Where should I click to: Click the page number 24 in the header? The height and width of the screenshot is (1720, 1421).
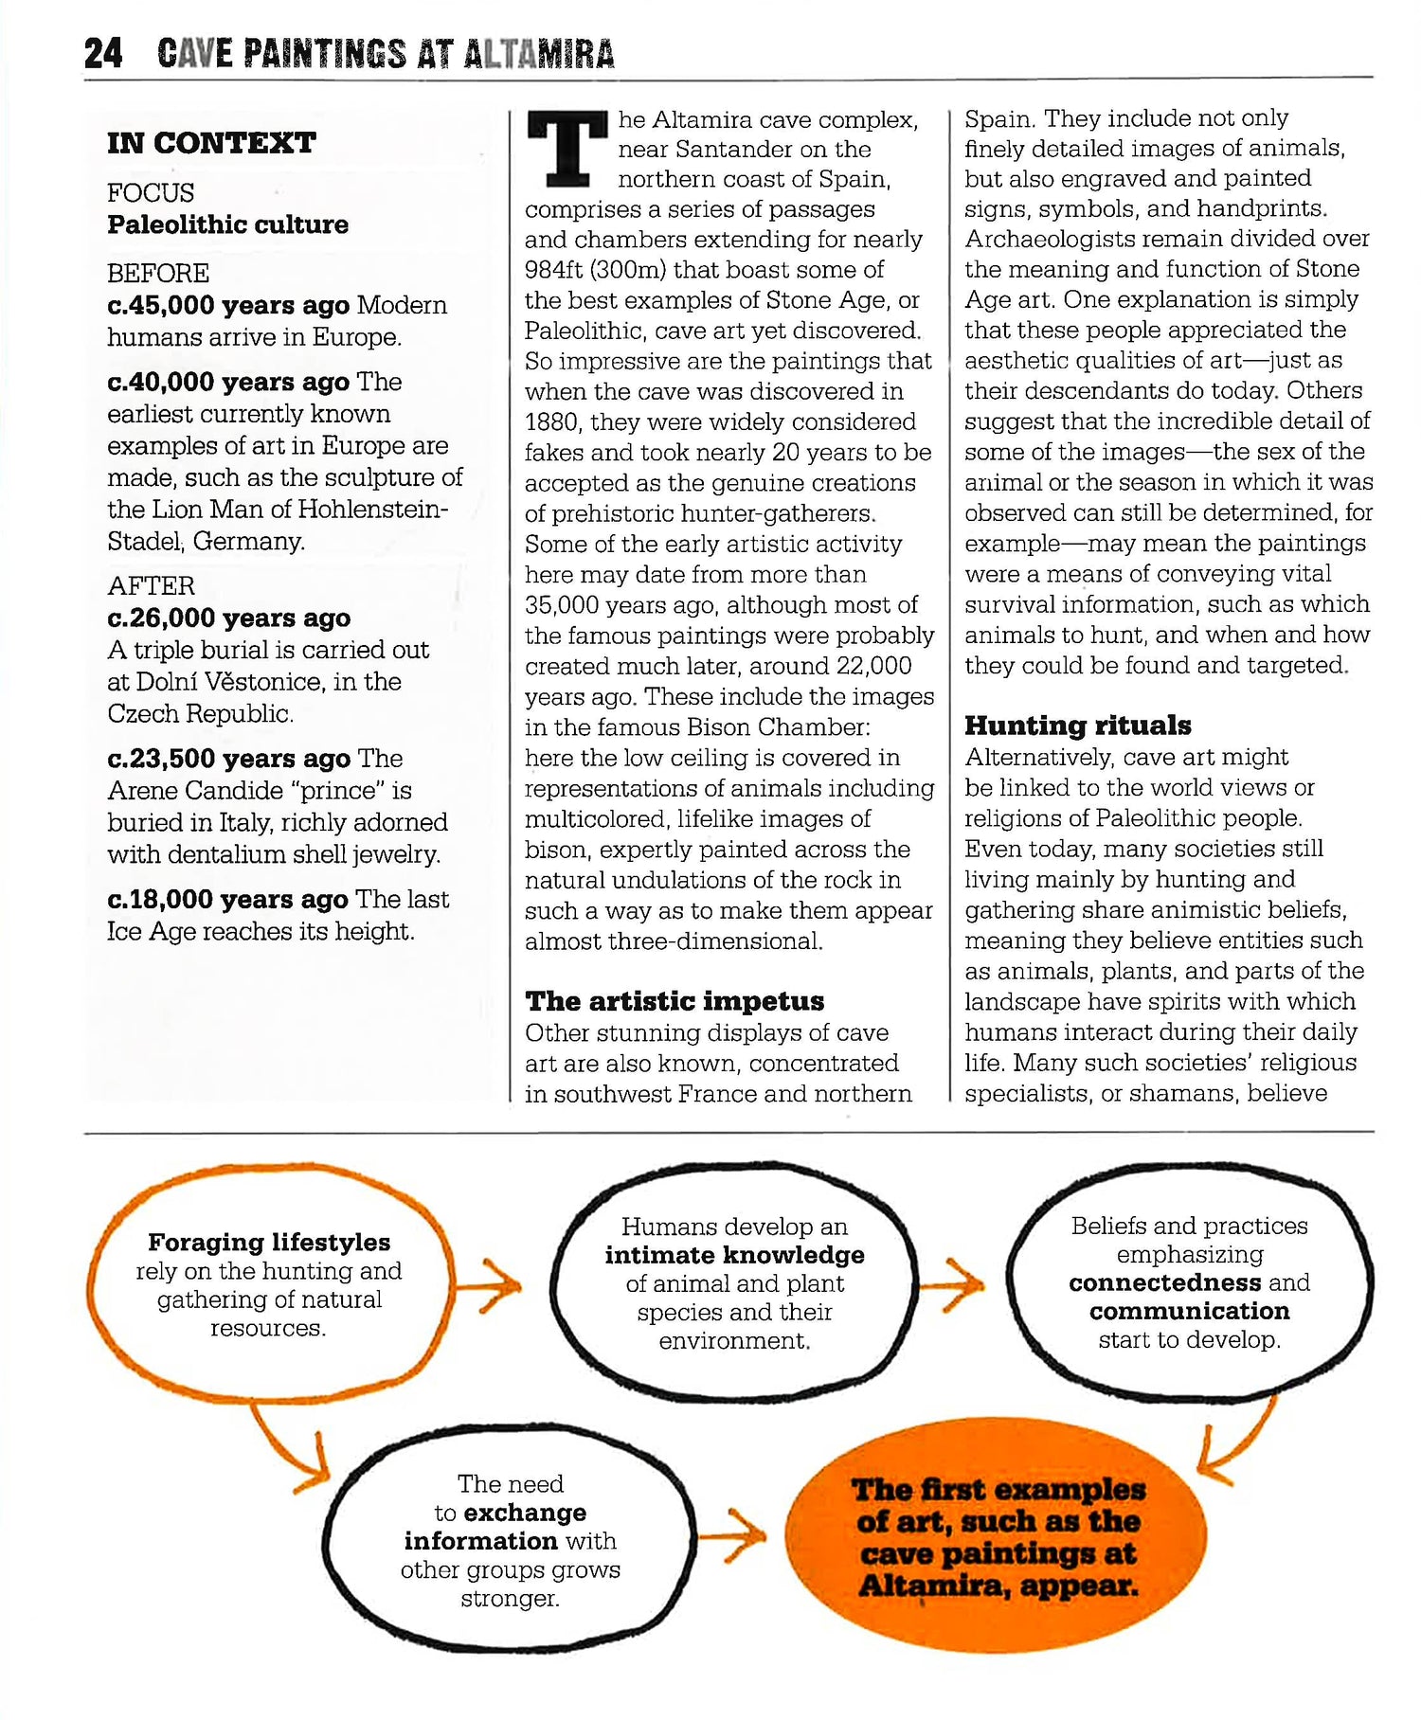pos(103,54)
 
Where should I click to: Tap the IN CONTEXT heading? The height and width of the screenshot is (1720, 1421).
pos(211,143)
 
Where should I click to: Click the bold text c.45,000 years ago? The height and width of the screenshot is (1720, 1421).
pos(227,305)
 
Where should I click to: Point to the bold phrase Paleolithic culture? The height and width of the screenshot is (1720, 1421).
pos(227,224)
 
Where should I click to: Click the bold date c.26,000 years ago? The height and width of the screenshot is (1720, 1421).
pos(228,618)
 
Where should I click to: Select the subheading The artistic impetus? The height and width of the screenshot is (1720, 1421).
pos(675,1001)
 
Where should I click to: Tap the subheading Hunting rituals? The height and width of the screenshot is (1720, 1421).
pos(1078,726)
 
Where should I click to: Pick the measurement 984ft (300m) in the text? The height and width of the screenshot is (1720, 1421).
pos(608,270)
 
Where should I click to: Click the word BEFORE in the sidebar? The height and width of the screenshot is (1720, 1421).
pos(158,274)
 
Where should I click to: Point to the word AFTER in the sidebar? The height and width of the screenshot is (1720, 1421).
pos(152,586)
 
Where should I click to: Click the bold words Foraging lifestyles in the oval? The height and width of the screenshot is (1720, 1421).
pos(269,1242)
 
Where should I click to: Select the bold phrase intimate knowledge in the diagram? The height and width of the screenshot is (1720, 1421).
pos(734,1255)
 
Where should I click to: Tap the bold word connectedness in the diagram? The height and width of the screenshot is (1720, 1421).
pos(1164,1282)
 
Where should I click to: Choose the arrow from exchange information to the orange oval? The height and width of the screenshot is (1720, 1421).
pos(733,1536)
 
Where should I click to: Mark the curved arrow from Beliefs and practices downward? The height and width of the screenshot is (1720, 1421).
pos(1236,1444)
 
